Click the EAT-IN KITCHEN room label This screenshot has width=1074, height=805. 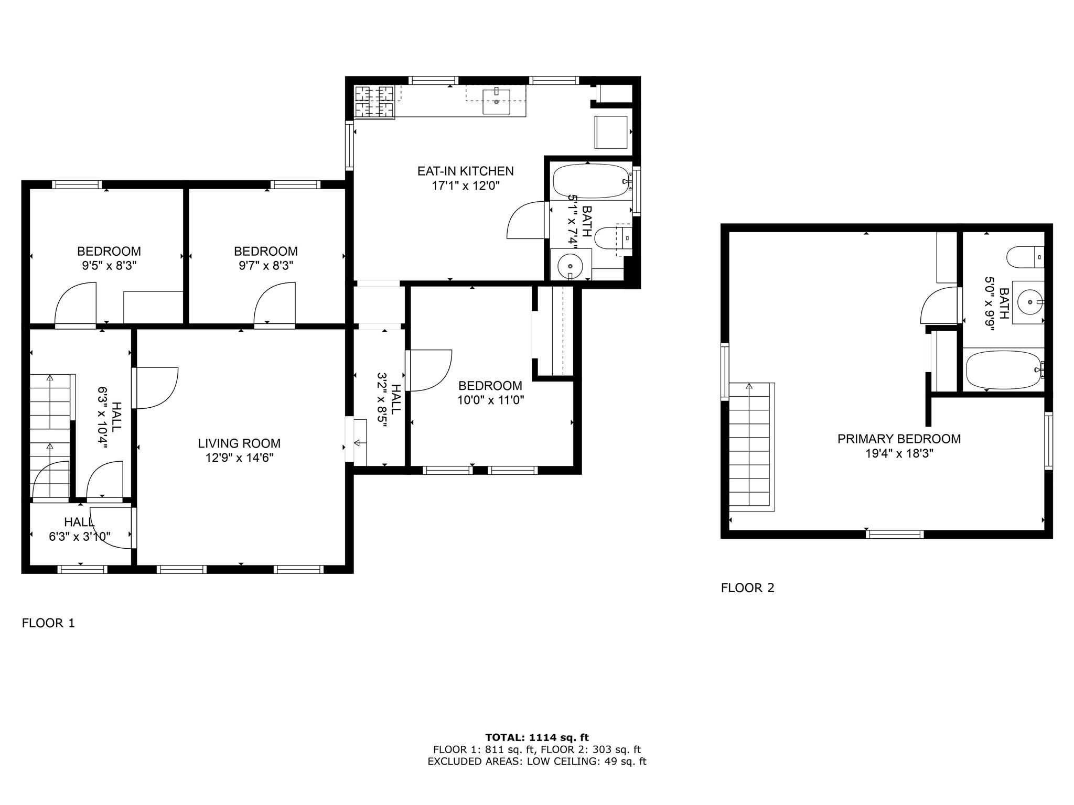[x=465, y=171]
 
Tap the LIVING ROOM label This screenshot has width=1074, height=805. [x=239, y=443]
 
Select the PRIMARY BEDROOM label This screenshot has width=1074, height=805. [x=899, y=439]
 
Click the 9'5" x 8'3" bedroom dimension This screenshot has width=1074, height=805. [x=109, y=266]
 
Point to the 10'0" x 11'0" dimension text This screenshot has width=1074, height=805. [x=491, y=400]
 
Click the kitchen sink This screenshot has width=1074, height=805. [x=496, y=102]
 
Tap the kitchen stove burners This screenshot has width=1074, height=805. [x=374, y=102]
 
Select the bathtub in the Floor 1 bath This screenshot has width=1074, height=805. [x=592, y=181]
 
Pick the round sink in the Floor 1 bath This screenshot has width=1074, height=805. [x=570, y=265]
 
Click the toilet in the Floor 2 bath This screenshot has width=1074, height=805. [x=1025, y=257]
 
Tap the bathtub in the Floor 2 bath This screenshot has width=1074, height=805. [x=1004, y=369]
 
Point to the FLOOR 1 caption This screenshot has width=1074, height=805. [x=48, y=623]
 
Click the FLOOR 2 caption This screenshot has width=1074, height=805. [x=747, y=588]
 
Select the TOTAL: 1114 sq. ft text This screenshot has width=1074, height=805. [x=537, y=738]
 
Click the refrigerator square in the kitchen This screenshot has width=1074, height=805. [x=611, y=132]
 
